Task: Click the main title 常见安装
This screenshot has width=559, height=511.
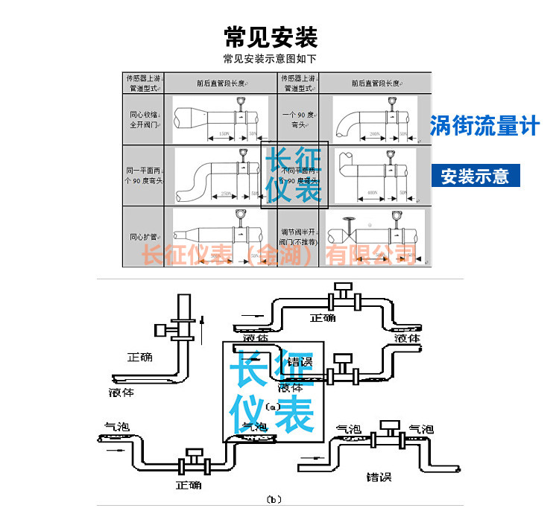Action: [x=271, y=36]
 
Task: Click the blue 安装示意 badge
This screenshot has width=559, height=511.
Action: [x=475, y=177]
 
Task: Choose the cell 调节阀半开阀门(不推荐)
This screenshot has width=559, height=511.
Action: [x=299, y=236]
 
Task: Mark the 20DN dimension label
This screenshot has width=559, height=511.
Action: [x=374, y=135]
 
